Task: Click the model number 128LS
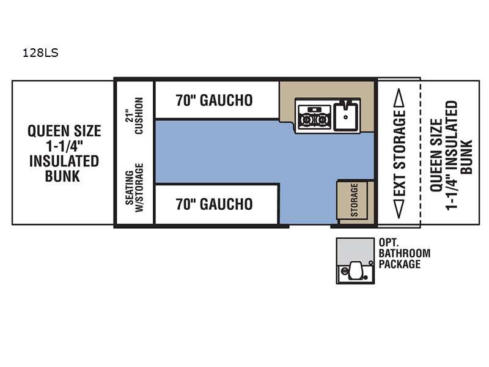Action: [x=40, y=53]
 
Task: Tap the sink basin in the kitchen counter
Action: [x=346, y=117]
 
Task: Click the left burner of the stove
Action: [x=307, y=119]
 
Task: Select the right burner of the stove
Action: [x=322, y=119]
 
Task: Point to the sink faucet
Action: [x=346, y=103]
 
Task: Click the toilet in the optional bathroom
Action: [x=355, y=270]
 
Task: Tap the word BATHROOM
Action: [x=405, y=253]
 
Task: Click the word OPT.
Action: [x=388, y=242]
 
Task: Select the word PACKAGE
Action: [x=400, y=264]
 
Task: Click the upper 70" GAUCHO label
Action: [x=215, y=100]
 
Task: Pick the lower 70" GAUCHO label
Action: [x=215, y=204]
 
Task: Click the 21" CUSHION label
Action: [x=134, y=116]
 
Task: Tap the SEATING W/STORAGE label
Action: [x=134, y=188]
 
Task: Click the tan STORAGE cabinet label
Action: [x=354, y=200]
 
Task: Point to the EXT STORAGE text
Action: [x=400, y=154]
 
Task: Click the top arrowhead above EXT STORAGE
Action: [x=399, y=97]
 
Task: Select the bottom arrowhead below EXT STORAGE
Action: [x=399, y=209]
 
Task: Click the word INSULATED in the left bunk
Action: [x=64, y=161]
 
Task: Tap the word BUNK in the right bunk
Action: [x=466, y=157]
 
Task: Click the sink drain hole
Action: [x=346, y=117]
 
